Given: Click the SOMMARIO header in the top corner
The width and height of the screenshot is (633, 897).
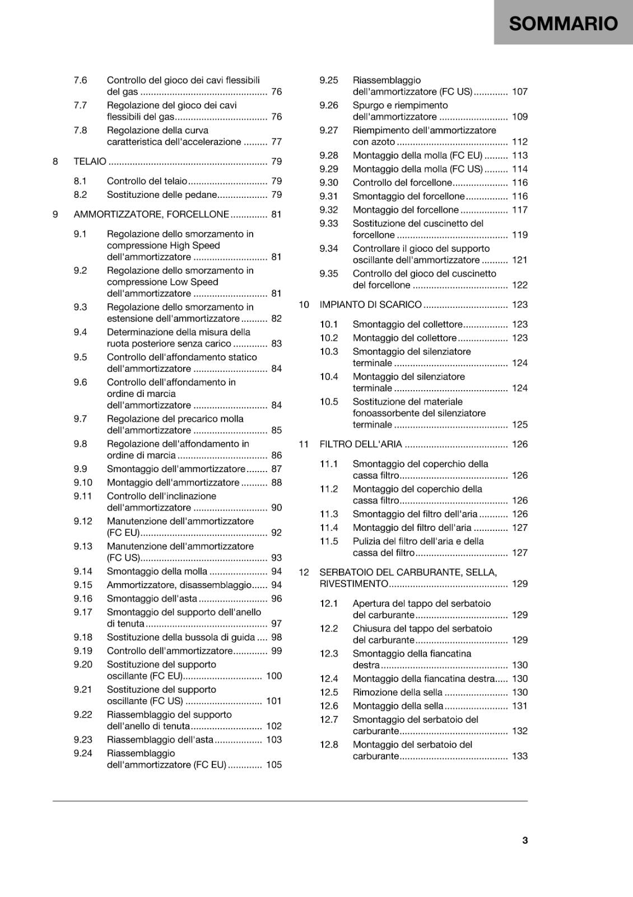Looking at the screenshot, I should coord(563,24).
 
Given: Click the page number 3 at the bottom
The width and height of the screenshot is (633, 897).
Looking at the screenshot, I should coord(525,840).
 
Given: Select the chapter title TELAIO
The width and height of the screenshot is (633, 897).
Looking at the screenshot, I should coord(90,161).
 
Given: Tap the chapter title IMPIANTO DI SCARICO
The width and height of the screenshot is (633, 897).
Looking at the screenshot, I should coord(370,304).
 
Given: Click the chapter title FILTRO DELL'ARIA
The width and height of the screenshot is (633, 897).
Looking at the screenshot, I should coord(361,444).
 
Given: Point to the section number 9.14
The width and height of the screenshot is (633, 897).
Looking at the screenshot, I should coord(83,571).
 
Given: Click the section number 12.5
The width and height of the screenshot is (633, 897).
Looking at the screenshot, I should coord(329,692).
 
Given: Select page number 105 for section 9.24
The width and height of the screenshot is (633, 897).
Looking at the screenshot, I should coord(274,765).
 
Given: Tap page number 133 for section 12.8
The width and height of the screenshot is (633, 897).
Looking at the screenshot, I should coord(519,756).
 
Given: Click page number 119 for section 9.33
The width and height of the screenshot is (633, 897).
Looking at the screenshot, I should coord(519,235).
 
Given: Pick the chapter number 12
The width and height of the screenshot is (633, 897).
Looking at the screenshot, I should coord(304,572).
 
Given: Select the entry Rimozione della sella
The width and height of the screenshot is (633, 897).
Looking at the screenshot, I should coord(397,692).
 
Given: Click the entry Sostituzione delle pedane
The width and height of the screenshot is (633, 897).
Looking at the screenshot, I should coord(162,195).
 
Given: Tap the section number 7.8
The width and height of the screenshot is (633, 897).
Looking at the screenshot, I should coord(80,130).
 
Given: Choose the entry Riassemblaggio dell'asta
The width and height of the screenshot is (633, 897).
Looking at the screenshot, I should coord(160,739).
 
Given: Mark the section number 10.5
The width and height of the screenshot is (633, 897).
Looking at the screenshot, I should coord(329,401).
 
